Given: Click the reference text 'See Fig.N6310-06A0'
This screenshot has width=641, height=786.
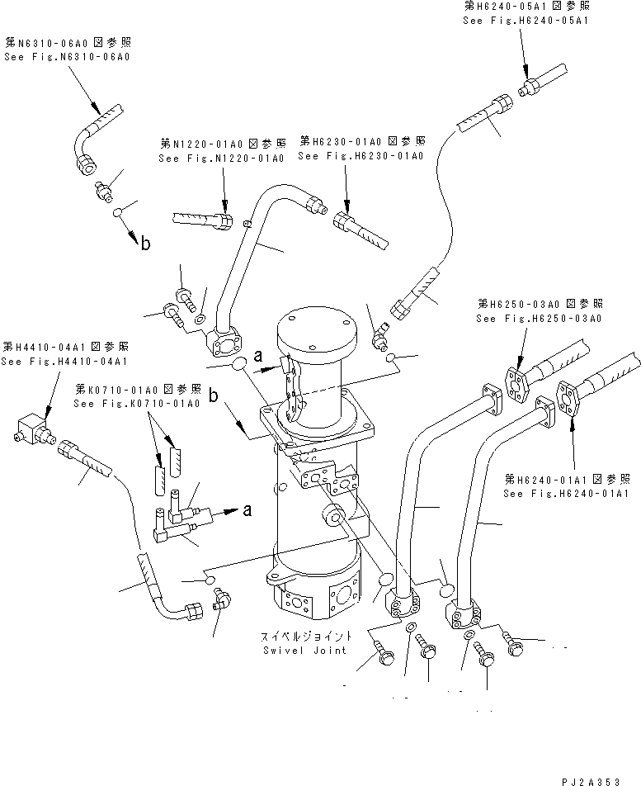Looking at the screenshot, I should [x=68, y=56].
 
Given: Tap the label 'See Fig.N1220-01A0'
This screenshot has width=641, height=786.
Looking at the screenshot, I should [x=221, y=157].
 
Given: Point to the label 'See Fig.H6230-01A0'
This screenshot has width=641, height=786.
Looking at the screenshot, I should [x=361, y=155].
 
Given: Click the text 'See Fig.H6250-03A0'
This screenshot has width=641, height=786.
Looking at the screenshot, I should [x=539, y=319].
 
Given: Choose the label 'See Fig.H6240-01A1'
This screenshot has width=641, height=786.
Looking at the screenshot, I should [x=568, y=493].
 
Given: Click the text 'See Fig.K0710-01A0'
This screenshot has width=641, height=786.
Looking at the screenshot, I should [x=136, y=403].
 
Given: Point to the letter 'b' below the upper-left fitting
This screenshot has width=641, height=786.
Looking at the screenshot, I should [x=145, y=243].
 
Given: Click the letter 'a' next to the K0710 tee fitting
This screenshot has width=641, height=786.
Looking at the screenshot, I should [x=246, y=511].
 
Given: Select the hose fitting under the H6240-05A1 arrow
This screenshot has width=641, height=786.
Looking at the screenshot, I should [x=529, y=85].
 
